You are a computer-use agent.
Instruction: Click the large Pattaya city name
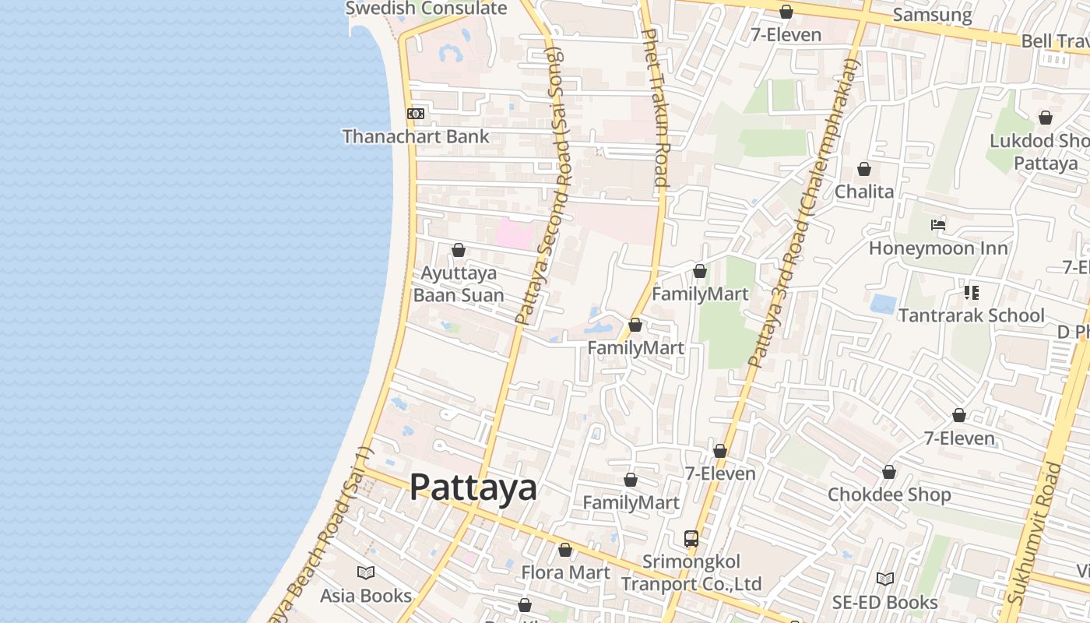tap(473, 487)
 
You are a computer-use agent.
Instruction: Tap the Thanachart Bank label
tap(416, 136)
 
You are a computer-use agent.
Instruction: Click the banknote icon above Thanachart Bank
tap(416, 114)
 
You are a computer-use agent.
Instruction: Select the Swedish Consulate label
tap(426, 9)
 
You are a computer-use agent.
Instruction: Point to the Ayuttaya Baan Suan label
tap(459, 284)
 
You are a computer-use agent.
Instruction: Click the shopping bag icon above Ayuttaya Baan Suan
tap(459, 250)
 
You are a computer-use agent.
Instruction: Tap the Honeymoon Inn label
tap(938, 248)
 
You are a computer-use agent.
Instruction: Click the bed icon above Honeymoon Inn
tap(938, 225)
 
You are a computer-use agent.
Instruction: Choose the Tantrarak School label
tap(971, 315)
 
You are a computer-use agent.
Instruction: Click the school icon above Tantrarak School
tap(971, 293)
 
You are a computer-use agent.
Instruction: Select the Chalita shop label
tap(864, 192)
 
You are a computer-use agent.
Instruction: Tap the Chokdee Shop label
tap(889, 495)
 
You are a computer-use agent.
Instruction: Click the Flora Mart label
tap(565, 572)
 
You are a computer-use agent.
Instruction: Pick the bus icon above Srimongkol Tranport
tap(691, 538)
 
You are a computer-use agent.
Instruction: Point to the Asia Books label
tap(366, 596)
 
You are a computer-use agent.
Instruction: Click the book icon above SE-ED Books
tap(884, 579)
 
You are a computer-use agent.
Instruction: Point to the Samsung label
tap(932, 15)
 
